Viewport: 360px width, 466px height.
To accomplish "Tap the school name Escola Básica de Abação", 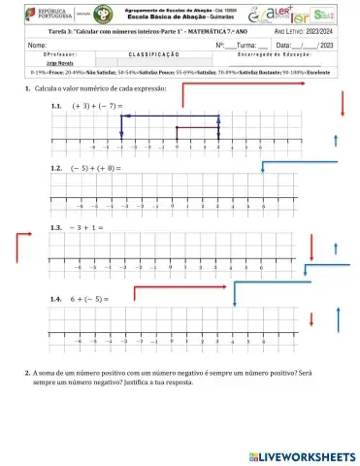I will [170, 17].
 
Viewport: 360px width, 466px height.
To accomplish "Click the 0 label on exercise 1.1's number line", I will [178, 150].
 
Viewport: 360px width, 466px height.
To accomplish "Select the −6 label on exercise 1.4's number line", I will [79, 343].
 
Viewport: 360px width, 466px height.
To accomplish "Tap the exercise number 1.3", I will [57, 227].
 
